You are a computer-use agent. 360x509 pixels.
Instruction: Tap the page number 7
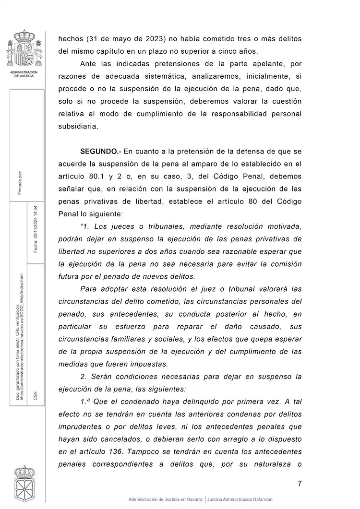click(x=300, y=483)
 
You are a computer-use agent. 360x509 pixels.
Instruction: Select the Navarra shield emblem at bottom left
click(x=22, y=484)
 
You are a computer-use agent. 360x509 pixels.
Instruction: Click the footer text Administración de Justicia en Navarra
click(x=166, y=499)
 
